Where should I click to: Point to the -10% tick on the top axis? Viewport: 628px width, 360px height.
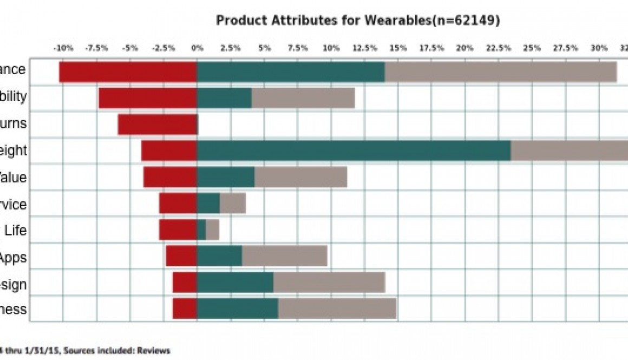pos(63,48)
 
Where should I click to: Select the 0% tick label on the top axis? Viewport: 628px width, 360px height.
pos(197,48)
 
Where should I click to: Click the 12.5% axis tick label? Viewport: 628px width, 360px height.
pos(364,48)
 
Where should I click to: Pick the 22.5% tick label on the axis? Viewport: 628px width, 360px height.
pos(498,48)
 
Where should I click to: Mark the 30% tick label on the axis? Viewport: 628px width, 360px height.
pos(599,48)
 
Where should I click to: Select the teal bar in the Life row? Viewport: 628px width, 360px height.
pos(201,230)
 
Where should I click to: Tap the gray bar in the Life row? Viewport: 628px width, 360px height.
pos(212,230)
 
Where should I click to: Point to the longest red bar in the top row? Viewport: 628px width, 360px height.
pos(128,73)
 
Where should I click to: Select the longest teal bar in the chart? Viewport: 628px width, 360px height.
pos(354,150)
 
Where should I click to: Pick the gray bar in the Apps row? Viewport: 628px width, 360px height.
pos(284,256)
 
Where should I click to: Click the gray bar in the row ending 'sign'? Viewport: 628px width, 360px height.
pos(329,282)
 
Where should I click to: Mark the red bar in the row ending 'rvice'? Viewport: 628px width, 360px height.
pos(178,203)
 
